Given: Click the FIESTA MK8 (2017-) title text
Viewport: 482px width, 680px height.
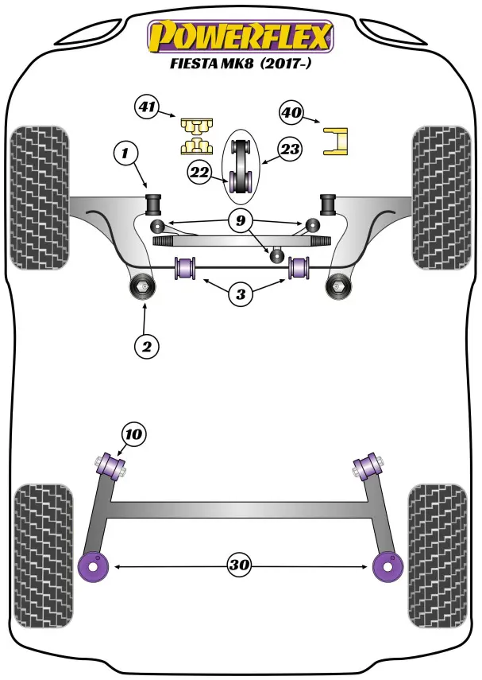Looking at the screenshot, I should [x=239, y=66].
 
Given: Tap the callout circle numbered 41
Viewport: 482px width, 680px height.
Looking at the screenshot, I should [x=148, y=107].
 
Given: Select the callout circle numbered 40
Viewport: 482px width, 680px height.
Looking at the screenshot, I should [x=291, y=113].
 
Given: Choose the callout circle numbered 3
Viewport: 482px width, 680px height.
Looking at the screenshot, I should [x=241, y=295].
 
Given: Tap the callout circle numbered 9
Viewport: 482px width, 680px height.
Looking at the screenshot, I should [x=241, y=220].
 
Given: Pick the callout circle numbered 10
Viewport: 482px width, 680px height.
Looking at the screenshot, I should [x=134, y=434].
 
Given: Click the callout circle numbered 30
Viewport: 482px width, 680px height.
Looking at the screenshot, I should [x=240, y=565].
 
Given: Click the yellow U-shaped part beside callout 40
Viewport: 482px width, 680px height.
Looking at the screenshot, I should [x=337, y=142].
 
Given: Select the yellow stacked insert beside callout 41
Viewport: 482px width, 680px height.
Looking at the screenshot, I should [x=195, y=135].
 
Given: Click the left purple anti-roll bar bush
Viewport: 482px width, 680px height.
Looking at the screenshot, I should [x=188, y=266].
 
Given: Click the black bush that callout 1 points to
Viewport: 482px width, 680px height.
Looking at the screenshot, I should [x=153, y=202].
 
